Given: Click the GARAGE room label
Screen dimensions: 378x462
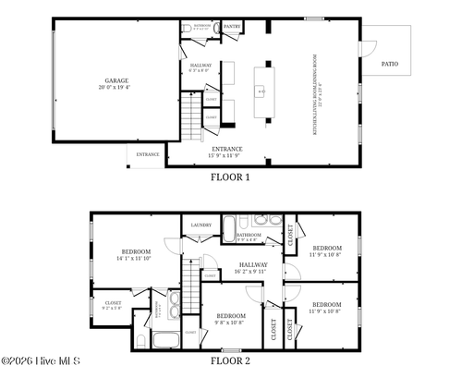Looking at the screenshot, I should click(115, 80).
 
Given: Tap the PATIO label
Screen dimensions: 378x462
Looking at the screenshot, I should click(390, 63).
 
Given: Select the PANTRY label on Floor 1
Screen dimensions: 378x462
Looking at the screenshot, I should click(232, 28).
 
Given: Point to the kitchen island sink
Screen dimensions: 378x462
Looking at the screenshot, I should click(261, 91).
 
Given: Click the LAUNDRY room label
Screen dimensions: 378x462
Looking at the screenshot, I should click(201, 226).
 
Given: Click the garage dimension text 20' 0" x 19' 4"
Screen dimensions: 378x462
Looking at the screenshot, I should click(115, 87).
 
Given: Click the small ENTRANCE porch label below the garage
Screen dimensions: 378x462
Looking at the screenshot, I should click(148, 154).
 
